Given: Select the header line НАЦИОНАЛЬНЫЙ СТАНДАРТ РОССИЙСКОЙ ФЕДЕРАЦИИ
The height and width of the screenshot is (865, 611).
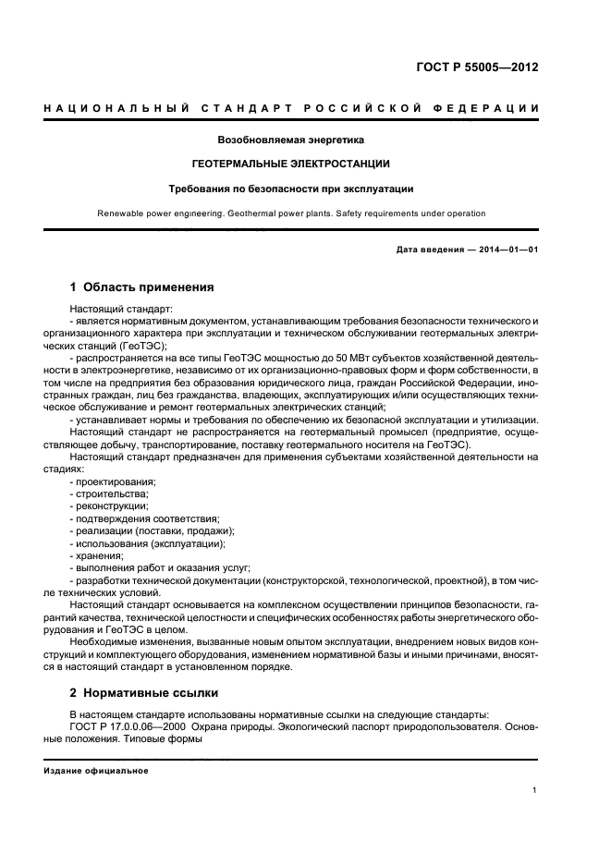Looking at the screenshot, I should (x=291, y=109).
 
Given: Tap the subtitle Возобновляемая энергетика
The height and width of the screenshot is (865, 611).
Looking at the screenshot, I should (x=290, y=140).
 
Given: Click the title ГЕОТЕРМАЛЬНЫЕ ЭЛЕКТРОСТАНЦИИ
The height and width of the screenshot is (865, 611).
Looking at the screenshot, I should (x=290, y=164).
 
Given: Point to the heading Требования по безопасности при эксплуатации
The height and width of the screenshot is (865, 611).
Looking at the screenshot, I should (x=290, y=189).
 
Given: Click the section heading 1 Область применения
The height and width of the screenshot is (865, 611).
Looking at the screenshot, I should (x=141, y=287).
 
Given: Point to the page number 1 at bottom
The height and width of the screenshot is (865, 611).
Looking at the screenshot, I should (x=535, y=789).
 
